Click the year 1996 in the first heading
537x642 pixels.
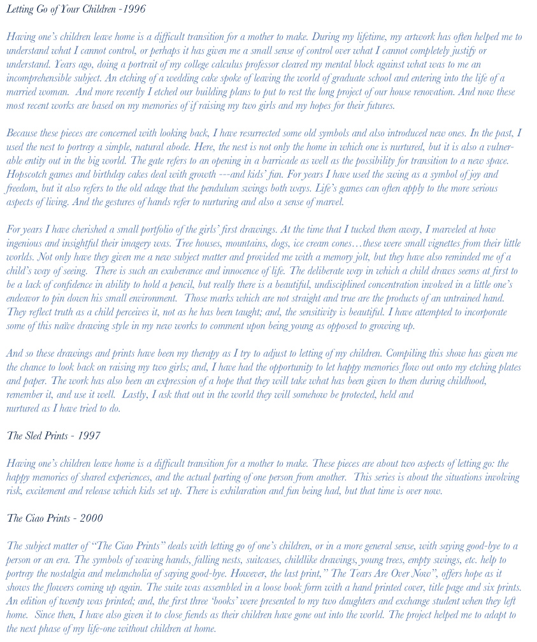pos(134,9)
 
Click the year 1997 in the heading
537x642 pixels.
pos(89,436)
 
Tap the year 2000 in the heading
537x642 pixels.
pos(90,518)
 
